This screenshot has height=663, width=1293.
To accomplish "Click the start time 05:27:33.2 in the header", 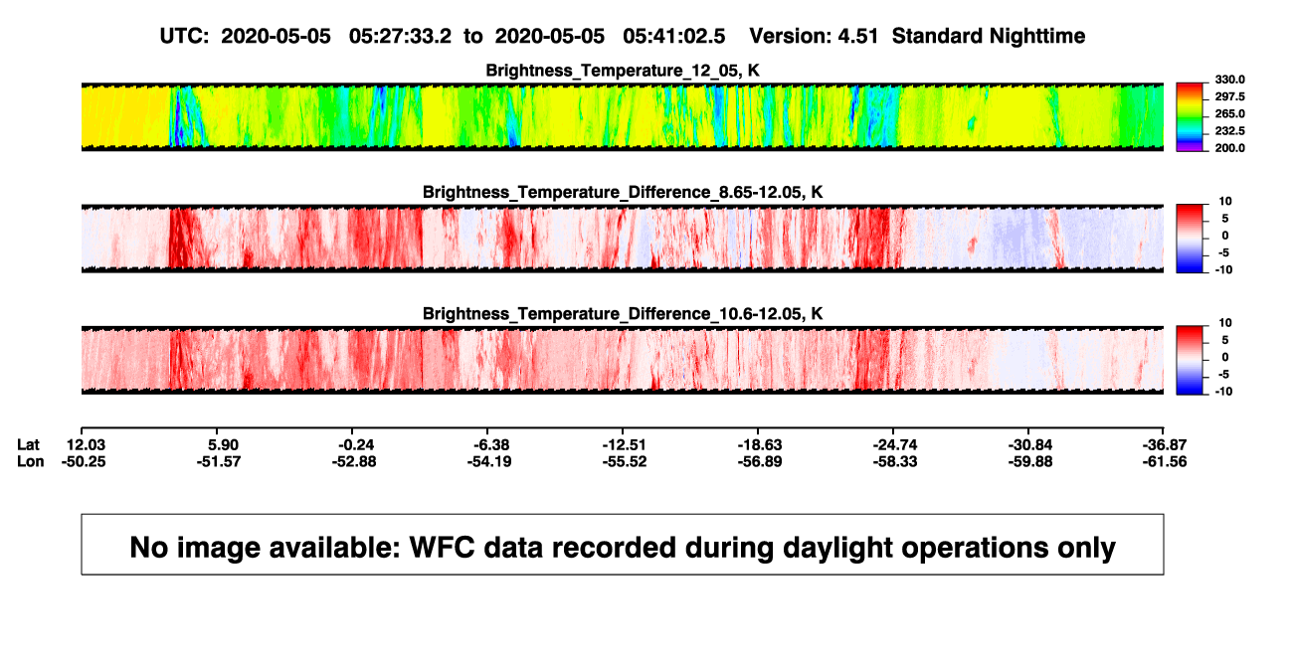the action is pyautogui.click(x=400, y=37).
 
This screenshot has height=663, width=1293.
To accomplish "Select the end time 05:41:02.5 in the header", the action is pyautogui.click(x=673, y=37).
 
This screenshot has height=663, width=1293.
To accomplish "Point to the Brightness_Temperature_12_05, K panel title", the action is pyautogui.click(x=623, y=71).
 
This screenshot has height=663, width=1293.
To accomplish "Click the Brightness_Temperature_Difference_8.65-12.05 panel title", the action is pyautogui.click(x=623, y=192).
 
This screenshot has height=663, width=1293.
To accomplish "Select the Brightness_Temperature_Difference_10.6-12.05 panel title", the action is pyautogui.click(x=623, y=314).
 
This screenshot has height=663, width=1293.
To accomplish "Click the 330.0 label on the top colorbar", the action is pyautogui.click(x=1229, y=80).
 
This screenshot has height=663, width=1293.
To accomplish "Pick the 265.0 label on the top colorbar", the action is pyautogui.click(x=1229, y=113).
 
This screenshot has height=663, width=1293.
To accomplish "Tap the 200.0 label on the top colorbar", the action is pyautogui.click(x=1229, y=148).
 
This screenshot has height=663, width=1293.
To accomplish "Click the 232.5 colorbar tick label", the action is pyautogui.click(x=1229, y=131).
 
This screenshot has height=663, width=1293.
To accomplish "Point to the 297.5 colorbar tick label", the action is pyautogui.click(x=1229, y=96).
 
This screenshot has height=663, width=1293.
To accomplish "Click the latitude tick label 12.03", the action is pyautogui.click(x=86, y=445).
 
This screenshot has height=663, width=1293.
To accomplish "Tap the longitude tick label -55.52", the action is pyautogui.click(x=625, y=462).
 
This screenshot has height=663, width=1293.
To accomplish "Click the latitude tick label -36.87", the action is pyautogui.click(x=1165, y=445).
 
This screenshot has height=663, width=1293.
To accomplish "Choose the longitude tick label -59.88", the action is pyautogui.click(x=1030, y=462).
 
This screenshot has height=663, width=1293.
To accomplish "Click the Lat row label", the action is pyautogui.click(x=28, y=445).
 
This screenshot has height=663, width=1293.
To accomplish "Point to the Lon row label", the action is pyautogui.click(x=30, y=462).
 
